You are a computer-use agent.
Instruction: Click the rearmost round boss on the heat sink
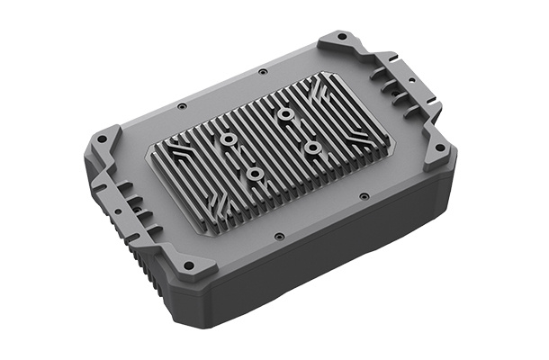point(285,114)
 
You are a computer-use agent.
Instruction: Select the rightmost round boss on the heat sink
point(312,146)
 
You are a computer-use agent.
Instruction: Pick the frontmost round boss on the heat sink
point(255,172)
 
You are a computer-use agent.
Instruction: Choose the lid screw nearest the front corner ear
point(280,236)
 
